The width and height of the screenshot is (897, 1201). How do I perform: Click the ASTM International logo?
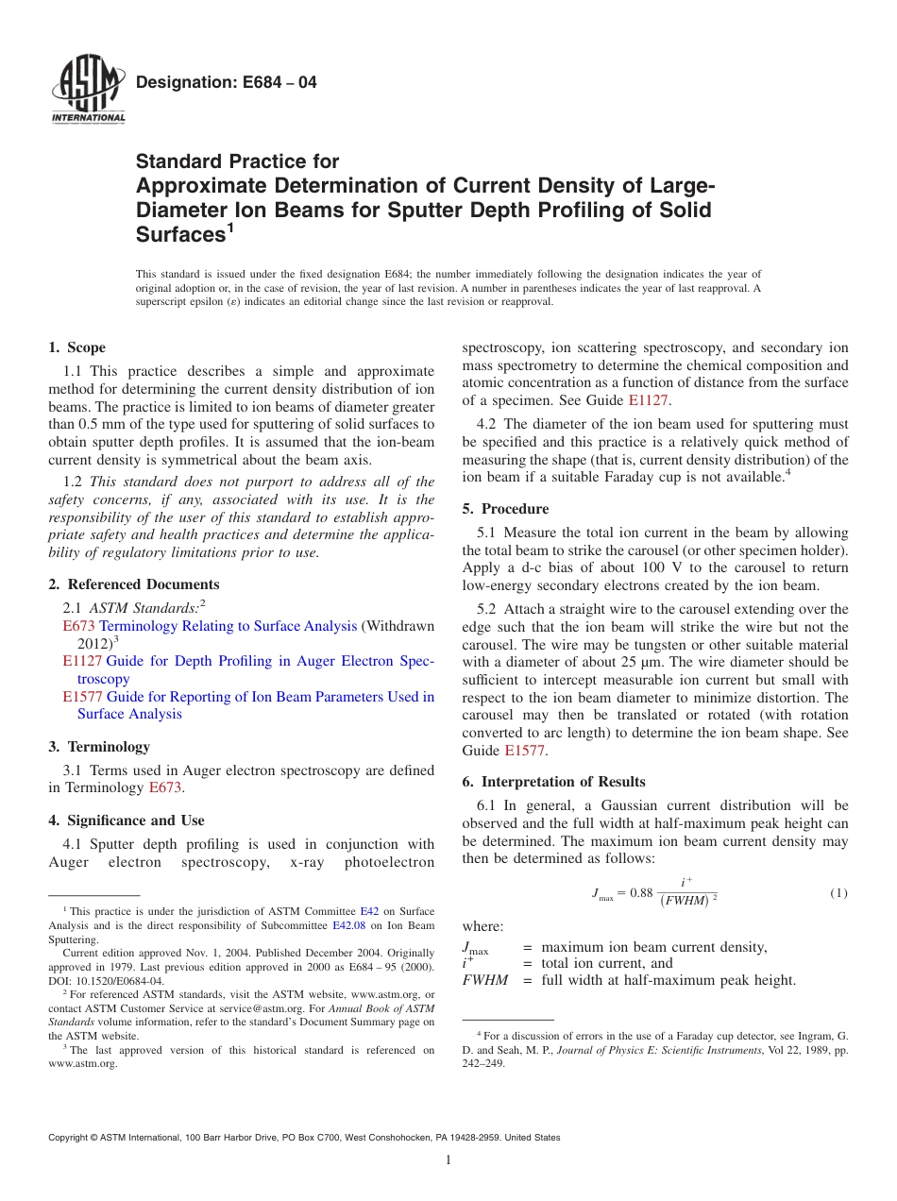tap(87, 89)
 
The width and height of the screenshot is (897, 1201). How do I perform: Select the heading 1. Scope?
tap(77, 348)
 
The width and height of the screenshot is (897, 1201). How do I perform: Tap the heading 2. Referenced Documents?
tap(134, 584)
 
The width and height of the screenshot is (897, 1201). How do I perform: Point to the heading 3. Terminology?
tap(99, 747)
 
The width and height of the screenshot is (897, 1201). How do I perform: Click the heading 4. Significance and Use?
tap(127, 820)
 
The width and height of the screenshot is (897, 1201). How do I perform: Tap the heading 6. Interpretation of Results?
tap(553, 782)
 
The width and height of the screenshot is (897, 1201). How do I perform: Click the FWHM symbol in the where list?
tap(484, 980)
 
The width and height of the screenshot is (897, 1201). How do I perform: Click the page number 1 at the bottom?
tap(448, 1160)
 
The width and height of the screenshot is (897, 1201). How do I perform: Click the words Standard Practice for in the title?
tap(237, 161)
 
